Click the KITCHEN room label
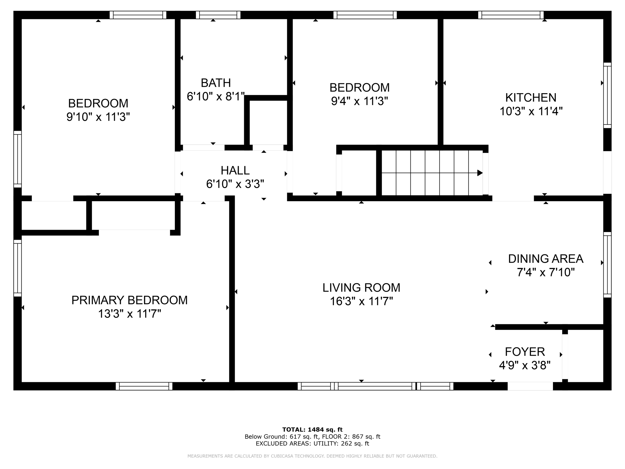click(531, 98)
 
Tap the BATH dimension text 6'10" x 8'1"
click(216, 97)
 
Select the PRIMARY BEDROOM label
click(129, 300)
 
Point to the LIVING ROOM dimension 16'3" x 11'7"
click(361, 302)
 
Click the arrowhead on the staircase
click(480, 173)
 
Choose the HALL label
click(235, 170)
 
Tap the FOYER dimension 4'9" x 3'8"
click(525, 365)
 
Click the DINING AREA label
click(545, 259)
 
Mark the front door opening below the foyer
click(530, 386)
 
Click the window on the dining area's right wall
click(607, 265)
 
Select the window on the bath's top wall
click(218, 15)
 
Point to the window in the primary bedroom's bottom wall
click(144, 386)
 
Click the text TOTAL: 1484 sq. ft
click(312, 430)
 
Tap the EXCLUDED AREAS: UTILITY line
click(312, 444)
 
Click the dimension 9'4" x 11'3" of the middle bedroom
click(359, 101)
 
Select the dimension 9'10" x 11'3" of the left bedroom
click(98, 117)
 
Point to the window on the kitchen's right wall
click(607, 95)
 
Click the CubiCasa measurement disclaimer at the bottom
click(312, 456)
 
